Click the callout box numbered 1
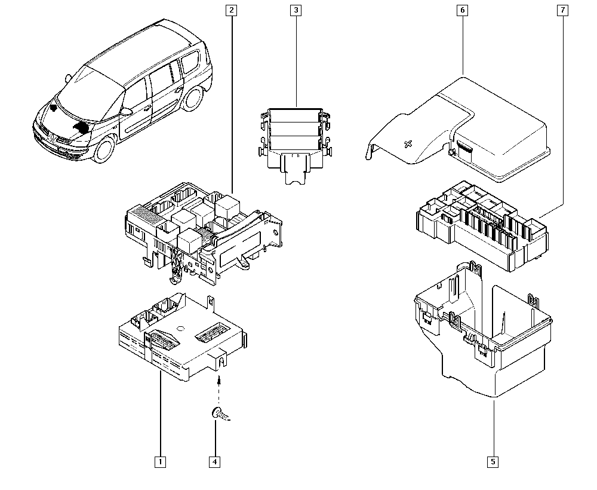point(160,462)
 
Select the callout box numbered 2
point(231,10)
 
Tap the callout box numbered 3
point(296,10)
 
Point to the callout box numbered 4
point(215,462)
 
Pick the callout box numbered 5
point(493,462)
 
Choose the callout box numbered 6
point(463,10)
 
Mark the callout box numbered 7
point(563,10)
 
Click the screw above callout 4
point(220,414)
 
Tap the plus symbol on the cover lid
point(408,145)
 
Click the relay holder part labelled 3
point(295,145)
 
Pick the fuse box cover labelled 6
point(458,130)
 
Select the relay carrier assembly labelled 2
point(204,232)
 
